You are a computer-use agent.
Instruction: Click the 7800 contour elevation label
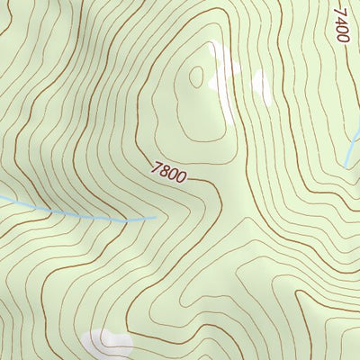(170, 172)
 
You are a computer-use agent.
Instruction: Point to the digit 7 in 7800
(157, 165)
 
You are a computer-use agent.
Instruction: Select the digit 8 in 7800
(166, 169)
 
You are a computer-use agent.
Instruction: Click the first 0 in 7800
(174, 174)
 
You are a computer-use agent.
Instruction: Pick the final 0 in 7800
(182, 178)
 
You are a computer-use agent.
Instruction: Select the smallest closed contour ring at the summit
(196, 76)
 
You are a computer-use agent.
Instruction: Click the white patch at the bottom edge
(106, 342)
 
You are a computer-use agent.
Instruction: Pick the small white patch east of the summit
(261, 84)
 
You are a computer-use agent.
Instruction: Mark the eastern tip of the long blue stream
(155, 216)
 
